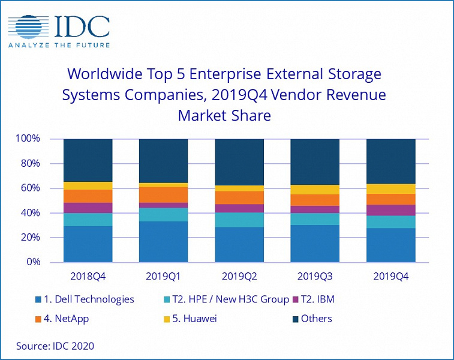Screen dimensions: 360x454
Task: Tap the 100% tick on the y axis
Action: point(28,139)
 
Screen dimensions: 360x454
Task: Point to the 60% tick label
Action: point(29,188)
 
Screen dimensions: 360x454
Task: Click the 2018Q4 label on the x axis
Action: point(88,277)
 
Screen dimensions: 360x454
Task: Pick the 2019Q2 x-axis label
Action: point(239,277)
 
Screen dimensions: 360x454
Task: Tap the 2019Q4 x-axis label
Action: point(390,277)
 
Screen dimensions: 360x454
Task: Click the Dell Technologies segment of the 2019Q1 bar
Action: point(164,242)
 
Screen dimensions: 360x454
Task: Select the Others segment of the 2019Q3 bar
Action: point(315,162)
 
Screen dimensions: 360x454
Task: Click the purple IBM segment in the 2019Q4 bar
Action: point(390,210)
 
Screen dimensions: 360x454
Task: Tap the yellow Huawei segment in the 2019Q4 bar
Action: point(390,189)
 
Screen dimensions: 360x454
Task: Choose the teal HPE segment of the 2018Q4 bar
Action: point(88,220)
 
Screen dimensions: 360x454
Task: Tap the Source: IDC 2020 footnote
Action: point(55,346)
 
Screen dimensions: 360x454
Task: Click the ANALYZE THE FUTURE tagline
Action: point(59,44)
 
